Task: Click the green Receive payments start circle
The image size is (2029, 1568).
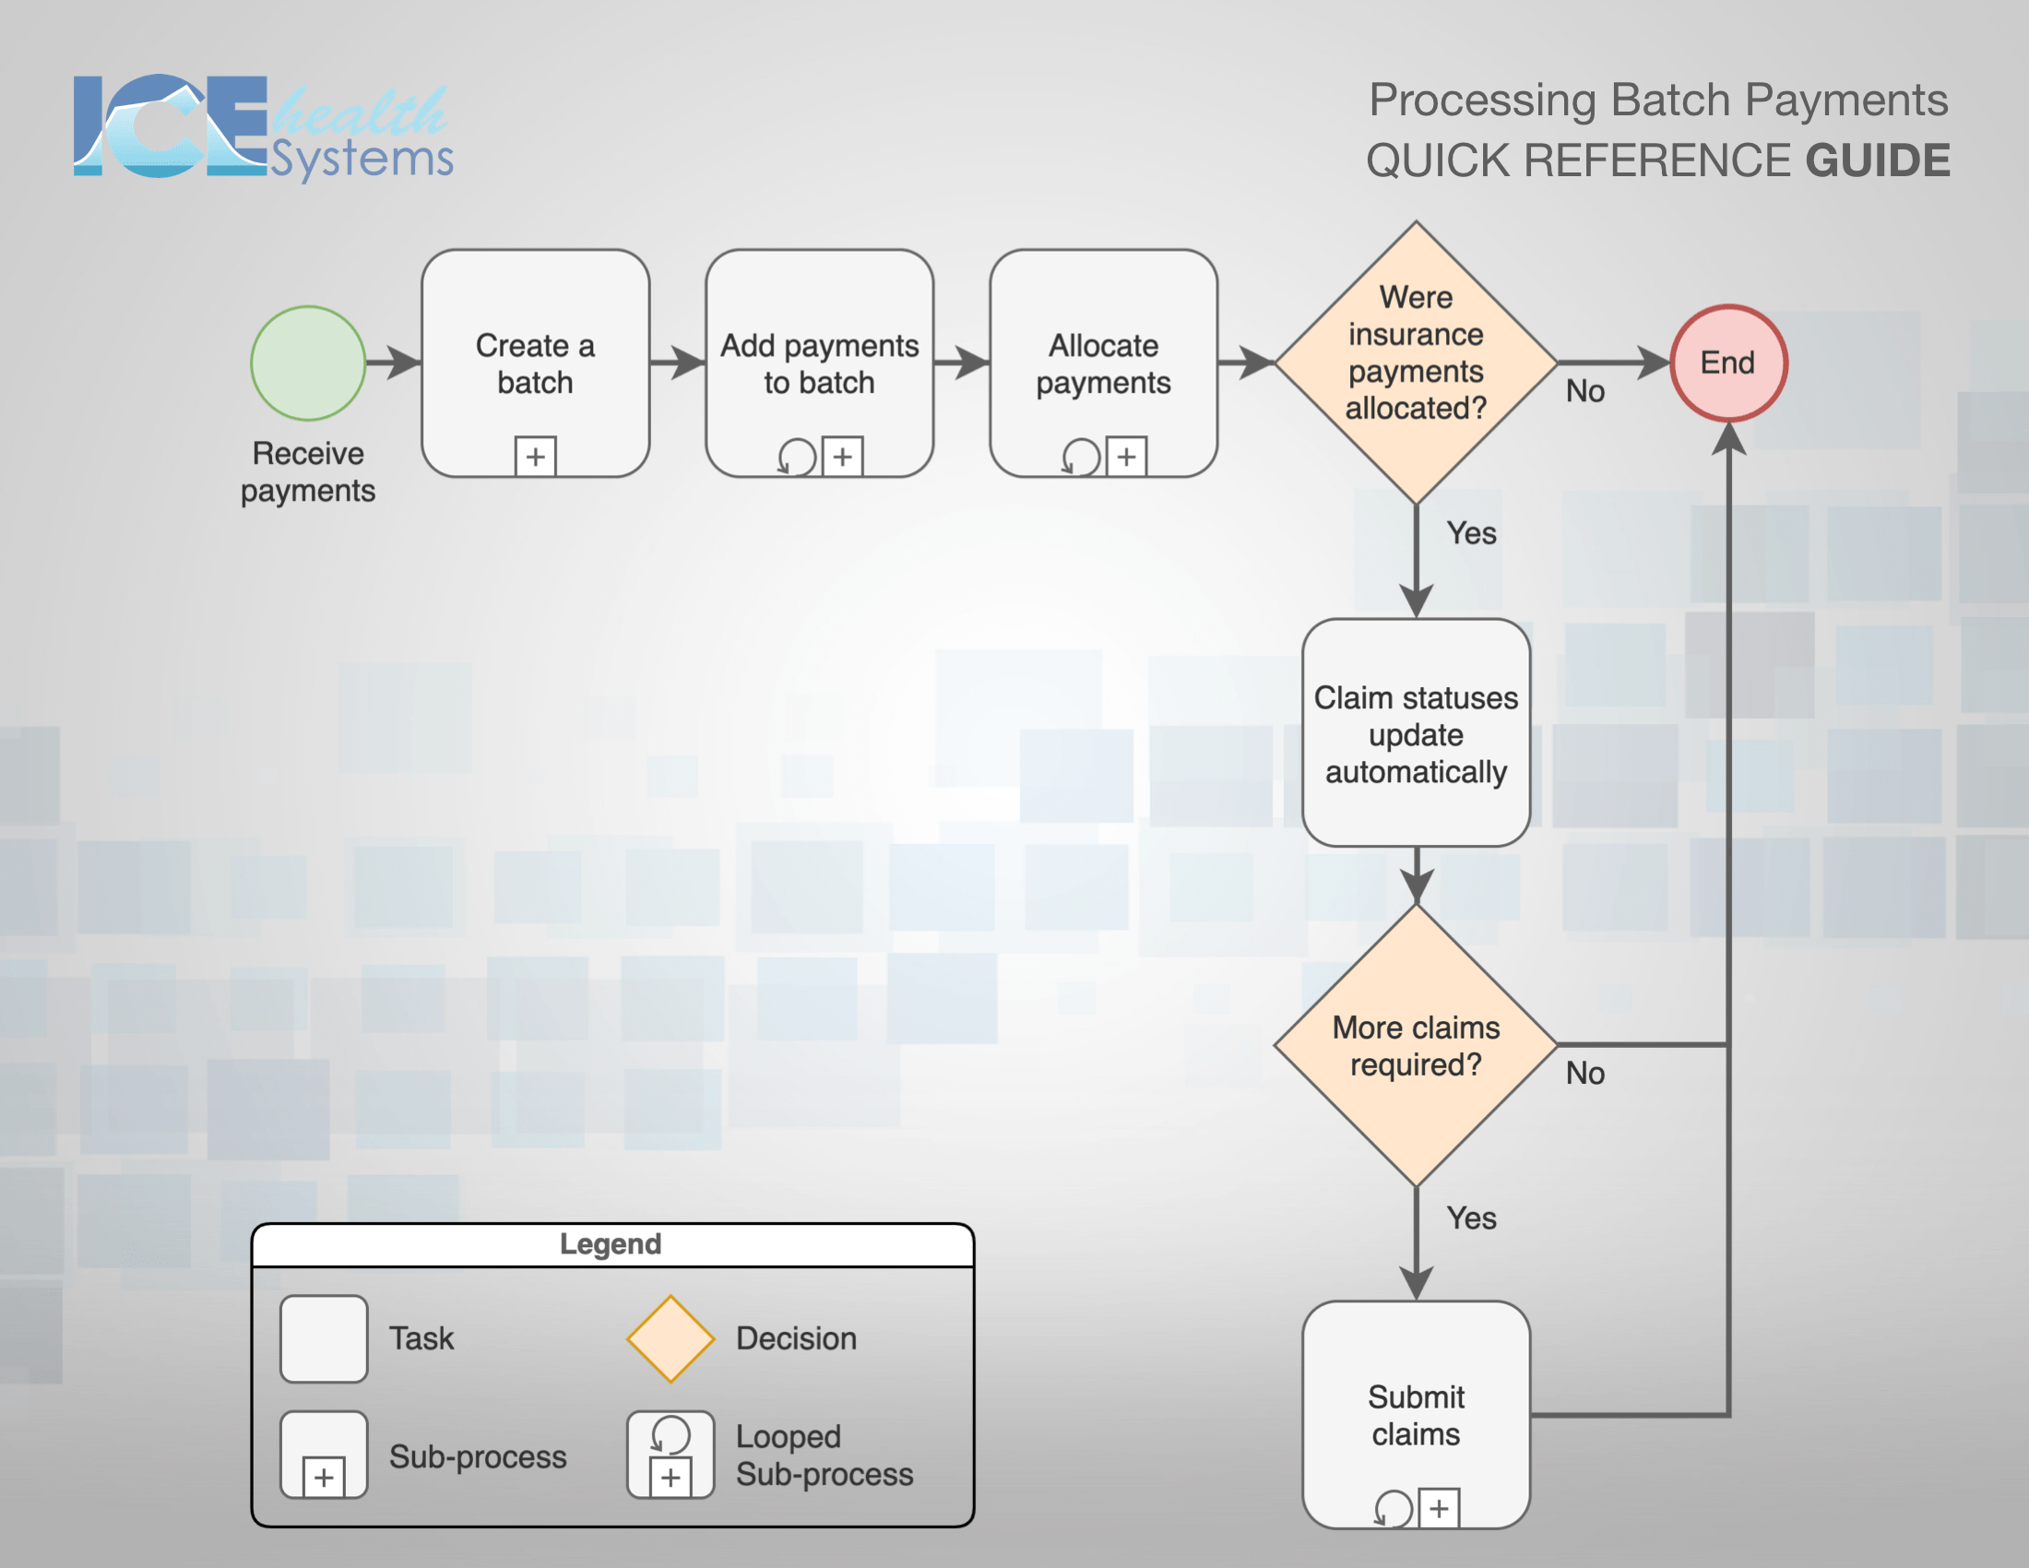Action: tap(307, 363)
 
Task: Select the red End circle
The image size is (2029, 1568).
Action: tap(1728, 363)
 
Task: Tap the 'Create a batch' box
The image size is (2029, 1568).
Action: tap(535, 363)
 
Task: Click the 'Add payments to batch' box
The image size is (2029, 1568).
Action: tap(819, 363)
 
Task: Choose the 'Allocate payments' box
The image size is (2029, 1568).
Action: tap(1104, 363)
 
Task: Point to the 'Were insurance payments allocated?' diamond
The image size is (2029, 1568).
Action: tap(1416, 363)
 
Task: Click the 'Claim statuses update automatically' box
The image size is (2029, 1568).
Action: tap(1416, 733)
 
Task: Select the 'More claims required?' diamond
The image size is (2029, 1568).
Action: tap(1416, 1045)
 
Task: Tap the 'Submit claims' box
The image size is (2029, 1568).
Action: tap(1416, 1415)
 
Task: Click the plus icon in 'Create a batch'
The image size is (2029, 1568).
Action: tap(535, 457)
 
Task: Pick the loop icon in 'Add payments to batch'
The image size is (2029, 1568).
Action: tap(796, 457)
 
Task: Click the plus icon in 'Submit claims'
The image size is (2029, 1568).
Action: tap(1439, 1509)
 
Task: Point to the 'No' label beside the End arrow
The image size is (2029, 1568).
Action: tap(1584, 391)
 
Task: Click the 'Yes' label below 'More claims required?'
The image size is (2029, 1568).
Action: tap(1472, 1218)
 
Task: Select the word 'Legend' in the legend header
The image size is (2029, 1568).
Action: tap(611, 1245)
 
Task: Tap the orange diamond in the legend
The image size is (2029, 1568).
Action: tap(670, 1338)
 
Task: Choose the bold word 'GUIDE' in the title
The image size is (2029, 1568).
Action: tap(1878, 160)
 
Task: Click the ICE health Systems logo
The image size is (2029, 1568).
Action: tap(264, 127)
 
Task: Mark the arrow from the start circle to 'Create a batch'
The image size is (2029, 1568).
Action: tap(394, 363)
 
